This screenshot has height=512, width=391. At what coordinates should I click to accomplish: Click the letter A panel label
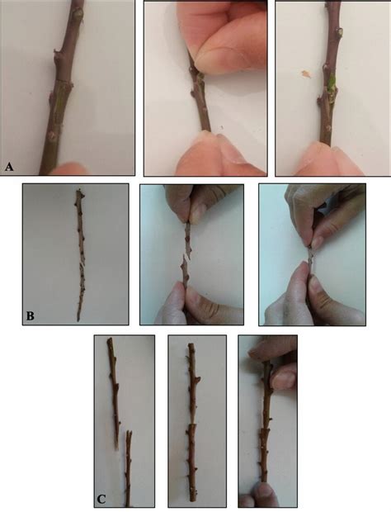pyautogui.click(x=9, y=167)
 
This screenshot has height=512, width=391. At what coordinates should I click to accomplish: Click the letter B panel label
pyautogui.click(x=31, y=315)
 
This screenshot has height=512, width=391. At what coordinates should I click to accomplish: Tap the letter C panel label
pyautogui.click(x=101, y=498)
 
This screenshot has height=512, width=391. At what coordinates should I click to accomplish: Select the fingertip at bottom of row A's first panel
pyautogui.click(x=70, y=168)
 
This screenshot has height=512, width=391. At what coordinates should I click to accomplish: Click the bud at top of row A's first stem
pyautogui.click(x=77, y=14)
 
